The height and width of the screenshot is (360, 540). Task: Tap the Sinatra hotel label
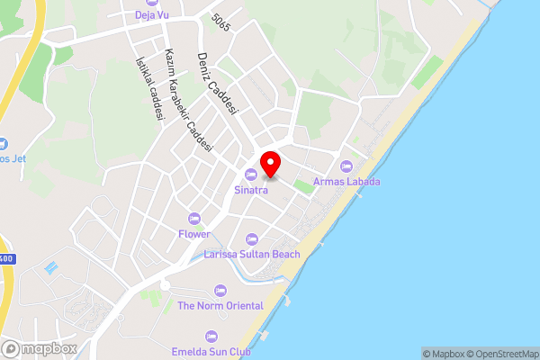tap(251, 190)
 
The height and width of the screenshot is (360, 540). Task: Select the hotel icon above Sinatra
tap(251, 175)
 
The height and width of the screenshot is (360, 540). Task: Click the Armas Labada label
tap(346, 182)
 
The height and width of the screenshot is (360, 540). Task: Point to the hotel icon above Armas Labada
tap(346, 166)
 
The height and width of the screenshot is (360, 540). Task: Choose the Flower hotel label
tap(193, 233)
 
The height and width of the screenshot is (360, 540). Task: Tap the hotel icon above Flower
tap(193, 218)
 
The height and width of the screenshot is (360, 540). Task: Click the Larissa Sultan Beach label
tap(252, 255)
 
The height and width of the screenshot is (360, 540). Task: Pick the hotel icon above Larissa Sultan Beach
tap(252, 239)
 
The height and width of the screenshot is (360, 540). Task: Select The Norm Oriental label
tap(220, 306)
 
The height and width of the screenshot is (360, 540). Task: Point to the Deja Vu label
tap(152, 15)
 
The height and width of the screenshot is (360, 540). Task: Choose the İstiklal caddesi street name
tap(146, 89)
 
